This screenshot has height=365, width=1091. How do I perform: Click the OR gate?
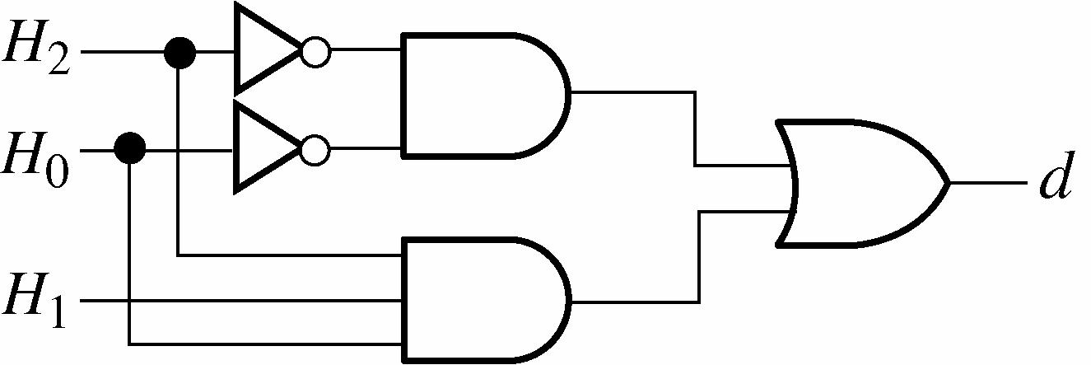pyautogui.click(x=856, y=183)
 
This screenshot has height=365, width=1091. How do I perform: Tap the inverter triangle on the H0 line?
pyautogui.click(x=263, y=149)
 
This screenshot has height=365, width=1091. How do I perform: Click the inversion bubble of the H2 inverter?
pyautogui.click(x=315, y=53)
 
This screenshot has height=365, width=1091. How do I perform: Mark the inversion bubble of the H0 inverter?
pyautogui.click(x=315, y=150)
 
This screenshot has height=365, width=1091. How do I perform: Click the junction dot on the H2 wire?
pyautogui.click(x=180, y=53)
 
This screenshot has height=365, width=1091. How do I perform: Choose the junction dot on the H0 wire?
pyautogui.click(x=129, y=149)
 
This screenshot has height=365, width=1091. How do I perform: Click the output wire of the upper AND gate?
pyautogui.click(x=634, y=92)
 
